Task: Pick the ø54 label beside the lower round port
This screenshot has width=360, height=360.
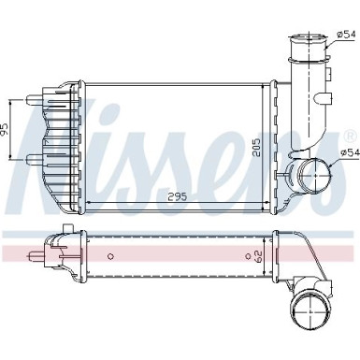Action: (x=348, y=151)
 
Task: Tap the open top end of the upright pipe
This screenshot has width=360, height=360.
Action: (x=306, y=39)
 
